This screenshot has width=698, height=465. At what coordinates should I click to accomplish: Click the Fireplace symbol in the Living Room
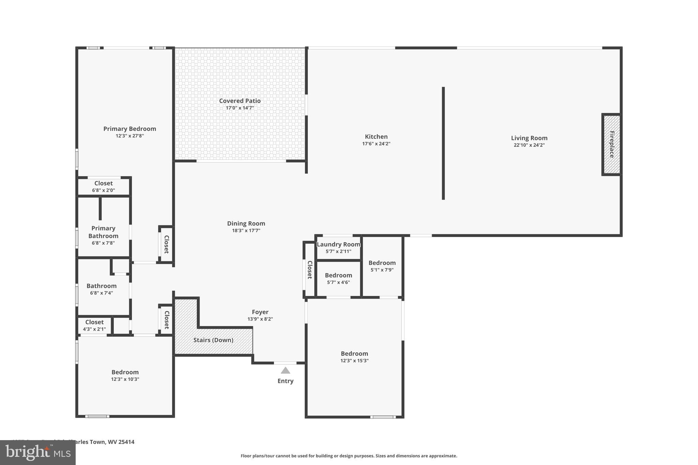click(612, 144)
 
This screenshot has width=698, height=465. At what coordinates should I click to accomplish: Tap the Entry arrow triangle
click(285, 370)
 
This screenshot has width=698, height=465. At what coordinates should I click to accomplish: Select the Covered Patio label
click(240, 101)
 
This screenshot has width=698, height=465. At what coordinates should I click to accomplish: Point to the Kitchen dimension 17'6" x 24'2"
click(376, 144)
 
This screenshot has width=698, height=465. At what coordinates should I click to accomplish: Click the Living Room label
click(529, 138)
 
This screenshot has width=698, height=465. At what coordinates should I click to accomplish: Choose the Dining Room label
click(246, 223)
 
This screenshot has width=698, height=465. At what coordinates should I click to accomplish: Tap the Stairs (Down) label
click(213, 340)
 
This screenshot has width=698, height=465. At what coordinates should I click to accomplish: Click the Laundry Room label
click(338, 244)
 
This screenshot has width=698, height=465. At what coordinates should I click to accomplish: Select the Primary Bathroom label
click(103, 232)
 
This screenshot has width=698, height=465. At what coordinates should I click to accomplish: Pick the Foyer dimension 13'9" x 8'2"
click(260, 319)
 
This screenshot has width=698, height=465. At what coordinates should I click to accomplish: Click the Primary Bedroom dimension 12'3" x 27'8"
click(130, 136)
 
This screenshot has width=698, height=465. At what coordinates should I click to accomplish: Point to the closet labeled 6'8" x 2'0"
click(103, 186)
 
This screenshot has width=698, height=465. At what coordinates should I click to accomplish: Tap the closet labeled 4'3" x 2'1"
click(94, 325)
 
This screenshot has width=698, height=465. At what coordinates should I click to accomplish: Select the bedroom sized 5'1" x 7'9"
click(382, 266)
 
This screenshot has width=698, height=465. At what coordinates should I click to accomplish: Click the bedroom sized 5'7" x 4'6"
click(338, 278)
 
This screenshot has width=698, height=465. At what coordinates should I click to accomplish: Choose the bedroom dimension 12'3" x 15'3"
click(354, 361)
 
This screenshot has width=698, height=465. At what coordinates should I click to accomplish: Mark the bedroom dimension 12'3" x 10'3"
click(125, 379)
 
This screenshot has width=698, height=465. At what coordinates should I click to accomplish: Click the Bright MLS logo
click(38, 452)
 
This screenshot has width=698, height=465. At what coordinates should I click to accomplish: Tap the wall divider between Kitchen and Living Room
click(443, 143)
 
